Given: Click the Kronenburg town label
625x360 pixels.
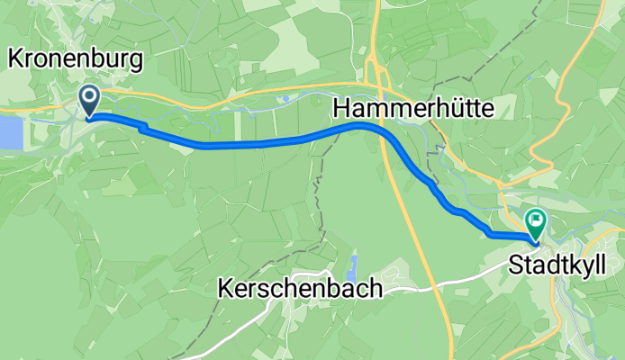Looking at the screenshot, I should coord(76,60).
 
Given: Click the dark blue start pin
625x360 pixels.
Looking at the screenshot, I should coord(91,98).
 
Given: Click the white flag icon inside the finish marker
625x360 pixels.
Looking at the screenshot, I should coord(537,218).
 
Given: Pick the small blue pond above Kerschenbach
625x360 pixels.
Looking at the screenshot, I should coord(352,266).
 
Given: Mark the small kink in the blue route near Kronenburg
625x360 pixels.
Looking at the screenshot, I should coord(141,127).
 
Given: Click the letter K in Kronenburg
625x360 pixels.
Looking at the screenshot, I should coord(14,60).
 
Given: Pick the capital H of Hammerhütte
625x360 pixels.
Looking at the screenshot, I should coord(341,109).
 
